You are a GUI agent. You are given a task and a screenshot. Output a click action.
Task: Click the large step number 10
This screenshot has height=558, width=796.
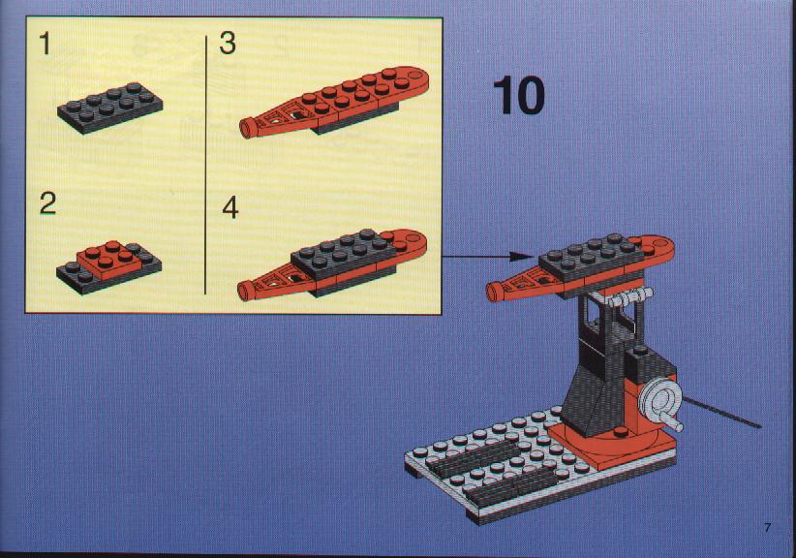click(x=518, y=96)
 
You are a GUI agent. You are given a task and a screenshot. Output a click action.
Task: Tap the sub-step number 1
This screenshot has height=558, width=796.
click(x=46, y=44)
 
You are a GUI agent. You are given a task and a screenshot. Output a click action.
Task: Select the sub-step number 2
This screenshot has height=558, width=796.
click(x=47, y=203)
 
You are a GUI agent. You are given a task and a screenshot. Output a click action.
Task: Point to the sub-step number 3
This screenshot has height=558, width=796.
click(x=228, y=44)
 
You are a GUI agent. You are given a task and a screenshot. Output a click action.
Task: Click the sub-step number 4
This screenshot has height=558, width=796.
click(x=230, y=207)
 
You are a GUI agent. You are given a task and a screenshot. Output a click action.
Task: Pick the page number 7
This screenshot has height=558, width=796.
click(x=767, y=528)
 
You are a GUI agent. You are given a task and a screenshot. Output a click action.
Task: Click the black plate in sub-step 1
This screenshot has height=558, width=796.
click(x=110, y=108)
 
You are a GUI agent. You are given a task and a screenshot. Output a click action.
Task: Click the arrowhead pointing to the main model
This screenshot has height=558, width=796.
click(x=520, y=257)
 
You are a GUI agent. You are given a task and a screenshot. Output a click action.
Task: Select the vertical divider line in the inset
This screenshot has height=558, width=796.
click(x=205, y=165)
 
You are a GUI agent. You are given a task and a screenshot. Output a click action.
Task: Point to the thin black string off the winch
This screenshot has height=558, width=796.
click(x=721, y=414)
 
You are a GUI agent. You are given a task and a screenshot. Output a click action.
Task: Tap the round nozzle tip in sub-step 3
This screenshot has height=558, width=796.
click(x=247, y=128)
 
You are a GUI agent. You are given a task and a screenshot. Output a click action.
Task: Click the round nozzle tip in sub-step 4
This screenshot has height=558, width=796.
click(x=245, y=291)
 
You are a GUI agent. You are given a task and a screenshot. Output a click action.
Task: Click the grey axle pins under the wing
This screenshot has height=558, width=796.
click(x=629, y=297)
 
